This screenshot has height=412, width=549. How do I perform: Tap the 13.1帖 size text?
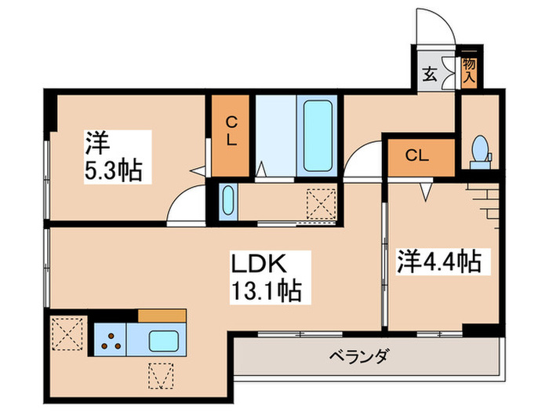[267, 292]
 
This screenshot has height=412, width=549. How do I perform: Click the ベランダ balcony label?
[358, 357]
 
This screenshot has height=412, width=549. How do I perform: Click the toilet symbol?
[479, 150]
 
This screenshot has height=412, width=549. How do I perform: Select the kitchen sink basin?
[164, 341]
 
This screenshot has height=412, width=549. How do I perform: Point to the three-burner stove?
[111, 341]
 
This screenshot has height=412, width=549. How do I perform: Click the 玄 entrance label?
[430, 75]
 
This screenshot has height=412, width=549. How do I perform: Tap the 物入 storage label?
[470, 69]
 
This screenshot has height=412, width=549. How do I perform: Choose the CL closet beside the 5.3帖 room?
[232, 135]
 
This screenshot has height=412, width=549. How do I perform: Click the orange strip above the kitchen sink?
[162, 315]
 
